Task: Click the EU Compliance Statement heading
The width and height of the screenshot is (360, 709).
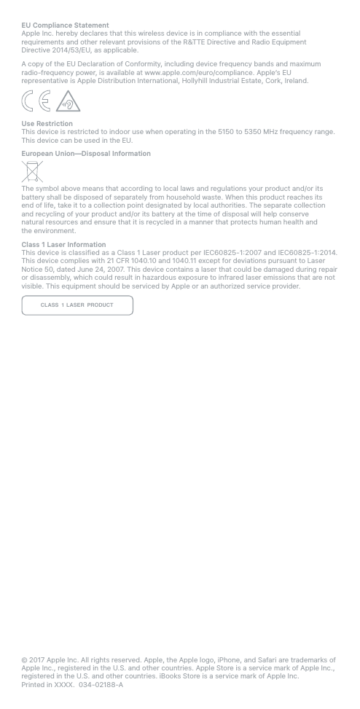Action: click(65, 26)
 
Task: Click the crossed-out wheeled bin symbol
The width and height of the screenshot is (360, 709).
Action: click(32, 172)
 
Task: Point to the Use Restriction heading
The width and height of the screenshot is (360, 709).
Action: click(47, 124)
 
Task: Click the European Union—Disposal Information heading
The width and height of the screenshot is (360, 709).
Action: click(86, 154)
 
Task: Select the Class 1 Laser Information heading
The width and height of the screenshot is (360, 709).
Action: click(63, 245)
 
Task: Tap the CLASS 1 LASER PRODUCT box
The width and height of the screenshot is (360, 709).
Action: click(77, 305)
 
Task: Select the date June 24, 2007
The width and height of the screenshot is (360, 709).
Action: click(89, 270)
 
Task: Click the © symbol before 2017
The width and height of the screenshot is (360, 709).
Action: click(24, 660)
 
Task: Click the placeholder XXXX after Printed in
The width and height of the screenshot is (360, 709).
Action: click(64, 685)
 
